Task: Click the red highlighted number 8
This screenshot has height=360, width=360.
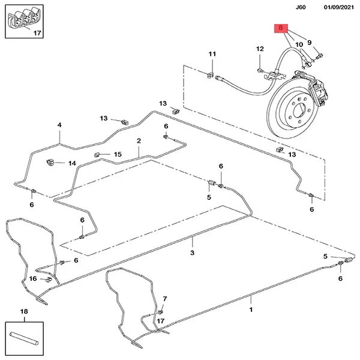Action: coord(281,28)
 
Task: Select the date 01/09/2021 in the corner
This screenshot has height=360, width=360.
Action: coord(338,7)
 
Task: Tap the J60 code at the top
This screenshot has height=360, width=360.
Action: coord(301,7)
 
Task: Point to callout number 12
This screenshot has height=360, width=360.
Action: coord(260,49)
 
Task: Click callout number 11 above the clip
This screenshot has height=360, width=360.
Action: coord(212,54)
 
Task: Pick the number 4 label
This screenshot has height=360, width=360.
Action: coord(59,125)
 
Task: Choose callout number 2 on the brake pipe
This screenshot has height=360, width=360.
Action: coord(139,141)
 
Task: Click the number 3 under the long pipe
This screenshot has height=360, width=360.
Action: coord(193,253)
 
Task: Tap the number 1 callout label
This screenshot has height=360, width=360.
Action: coord(251,310)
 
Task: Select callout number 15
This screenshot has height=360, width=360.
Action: coord(118,154)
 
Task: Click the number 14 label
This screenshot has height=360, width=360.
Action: coord(72,163)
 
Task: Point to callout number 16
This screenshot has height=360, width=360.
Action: coord(33,278)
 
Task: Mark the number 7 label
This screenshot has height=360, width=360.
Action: coord(165,299)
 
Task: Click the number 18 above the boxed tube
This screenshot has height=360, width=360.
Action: coord(24,311)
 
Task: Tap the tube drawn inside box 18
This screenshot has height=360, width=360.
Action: coord(23,338)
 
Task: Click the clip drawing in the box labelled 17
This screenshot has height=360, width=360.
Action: coord(23,18)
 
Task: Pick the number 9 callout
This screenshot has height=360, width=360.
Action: coord(310,43)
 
